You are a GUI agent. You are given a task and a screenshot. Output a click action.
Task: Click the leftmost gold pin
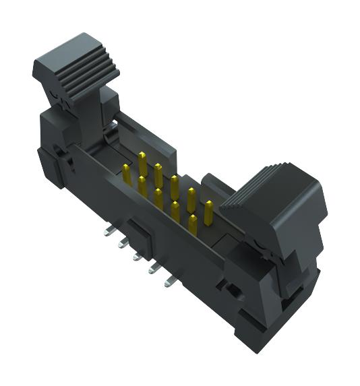pyautogui.click(x=127, y=174)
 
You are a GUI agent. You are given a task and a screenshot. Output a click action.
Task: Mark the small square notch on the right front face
pyautogui.click(x=233, y=292)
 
